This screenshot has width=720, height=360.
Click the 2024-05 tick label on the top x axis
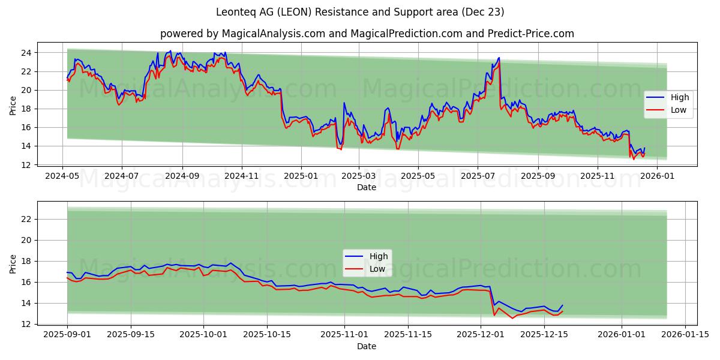(x=63, y=176)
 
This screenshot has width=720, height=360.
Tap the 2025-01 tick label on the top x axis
(x=301, y=176)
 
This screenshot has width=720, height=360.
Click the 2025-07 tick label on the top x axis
(x=478, y=176)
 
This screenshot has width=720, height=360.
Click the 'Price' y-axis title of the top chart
(x=13, y=106)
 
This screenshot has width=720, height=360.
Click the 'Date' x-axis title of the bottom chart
(x=367, y=346)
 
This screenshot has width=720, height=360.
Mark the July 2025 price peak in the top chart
(x=499, y=58)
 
